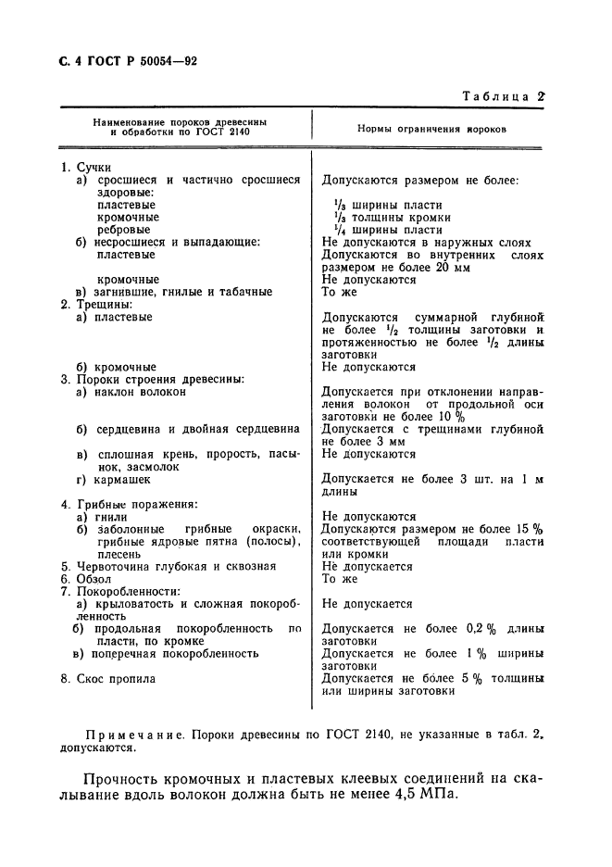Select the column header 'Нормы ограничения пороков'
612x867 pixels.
431,129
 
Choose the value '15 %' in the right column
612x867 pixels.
531,529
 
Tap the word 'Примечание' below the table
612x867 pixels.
129,734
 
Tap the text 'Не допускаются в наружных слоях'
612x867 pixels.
426,242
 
